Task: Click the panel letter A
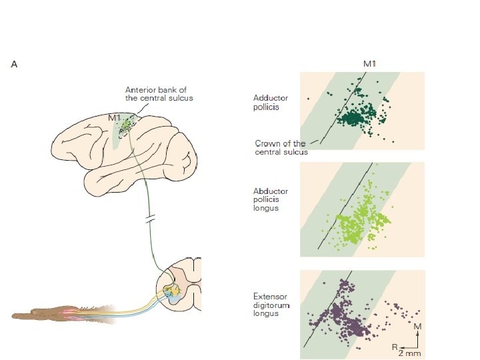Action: (x=14, y=65)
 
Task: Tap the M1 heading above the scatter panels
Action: (x=369, y=64)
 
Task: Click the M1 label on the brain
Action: (x=115, y=117)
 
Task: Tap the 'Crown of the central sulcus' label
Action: (x=281, y=147)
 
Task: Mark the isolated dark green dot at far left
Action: (x=309, y=99)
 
